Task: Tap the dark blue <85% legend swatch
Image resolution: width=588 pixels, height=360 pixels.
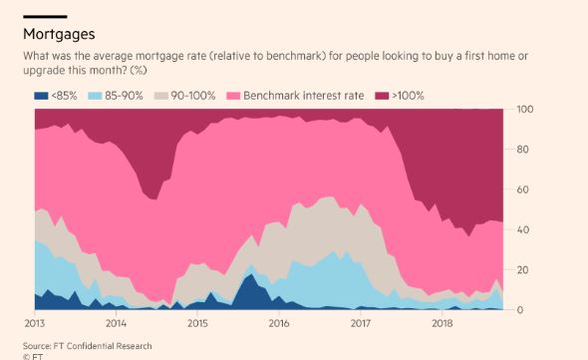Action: [41, 95]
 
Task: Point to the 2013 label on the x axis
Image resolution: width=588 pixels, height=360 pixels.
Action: [34, 324]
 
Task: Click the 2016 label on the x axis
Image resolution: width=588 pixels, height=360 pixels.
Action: [278, 324]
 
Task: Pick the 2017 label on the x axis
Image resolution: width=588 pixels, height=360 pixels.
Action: [360, 324]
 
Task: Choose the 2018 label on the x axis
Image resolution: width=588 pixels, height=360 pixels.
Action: [441, 324]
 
